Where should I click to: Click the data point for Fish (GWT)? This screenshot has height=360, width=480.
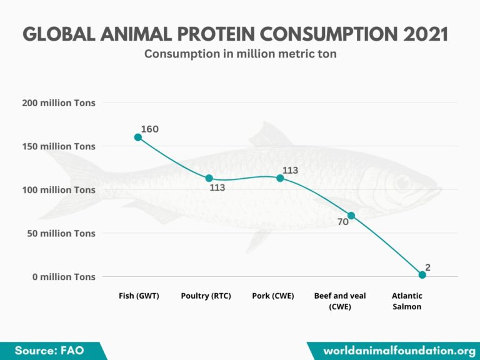pyautogui.click(x=138, y=137)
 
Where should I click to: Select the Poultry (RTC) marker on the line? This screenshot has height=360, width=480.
pyautogui.click(x=209, y=178)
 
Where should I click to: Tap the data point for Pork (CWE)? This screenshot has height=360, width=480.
pyautogui.click(x=280, y=178)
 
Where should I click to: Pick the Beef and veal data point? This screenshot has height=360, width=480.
pyautogui.click(x=351, y=216)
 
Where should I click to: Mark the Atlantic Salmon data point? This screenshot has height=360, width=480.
pyautogui.click(x=422, y=275)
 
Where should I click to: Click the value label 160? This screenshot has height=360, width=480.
pyautogui.click(x=150, y=129)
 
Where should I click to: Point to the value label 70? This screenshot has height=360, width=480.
pyautogui.click(x=343, y=222)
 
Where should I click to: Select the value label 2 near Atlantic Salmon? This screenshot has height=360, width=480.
pyautogui.click(x=428, y=267)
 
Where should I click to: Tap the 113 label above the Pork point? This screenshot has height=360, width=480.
pyautogui.click(x=290, y=170)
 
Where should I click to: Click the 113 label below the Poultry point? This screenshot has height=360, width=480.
pyautogui.click(x=217, y=187)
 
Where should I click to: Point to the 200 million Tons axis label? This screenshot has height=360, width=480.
pyautogui.click(x=59, y=103)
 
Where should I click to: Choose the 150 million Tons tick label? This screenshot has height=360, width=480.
pyautogui.click(x=59, y=146)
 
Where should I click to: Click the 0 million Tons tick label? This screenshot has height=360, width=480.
pyautogui.click(x=64, y=276)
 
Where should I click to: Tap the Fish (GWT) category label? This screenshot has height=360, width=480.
pyautogui.click(x=139, y=296)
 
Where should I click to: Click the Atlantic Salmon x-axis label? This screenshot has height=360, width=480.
pyautogui.click(x=407, y=301)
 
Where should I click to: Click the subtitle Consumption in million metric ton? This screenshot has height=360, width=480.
pyautogui.click(x=241, y=54)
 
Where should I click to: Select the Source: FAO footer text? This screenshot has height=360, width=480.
pyautogui.click(x=49, y=351)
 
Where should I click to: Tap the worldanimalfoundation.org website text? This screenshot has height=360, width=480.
pyautogui.click(x=399, y=351)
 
